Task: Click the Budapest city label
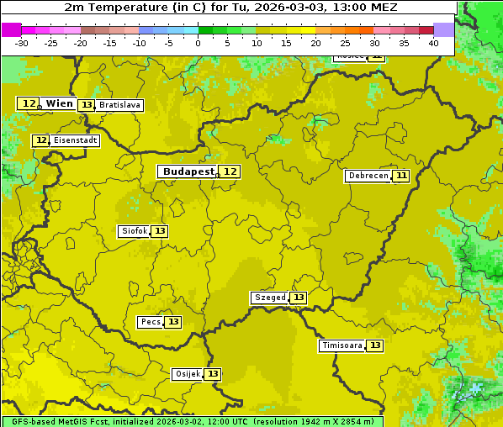click(x=188, y=171)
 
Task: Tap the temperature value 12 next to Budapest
click(x=230, y=171)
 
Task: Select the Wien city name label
click(x=60, y=103)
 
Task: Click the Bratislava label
click(x=119, y=105)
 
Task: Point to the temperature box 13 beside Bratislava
click(x=86, y=105)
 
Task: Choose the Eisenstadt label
click(x=76, y=140)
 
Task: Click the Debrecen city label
click(x=368, y=176)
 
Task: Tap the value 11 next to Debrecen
click(x=401, y=176)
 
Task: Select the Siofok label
click(x=134, y=231)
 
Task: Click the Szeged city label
click(x=269, y=298)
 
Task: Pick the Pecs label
click(x=151, y=322)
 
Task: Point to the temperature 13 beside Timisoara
click(x=375, y=345)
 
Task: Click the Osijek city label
click(x=187, y=374)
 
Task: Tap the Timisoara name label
click(x=342, y=345)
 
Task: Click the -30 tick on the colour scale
click(x=22, y=43)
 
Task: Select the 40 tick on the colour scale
click(x=433, y=43)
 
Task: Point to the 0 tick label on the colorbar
click(x=199, y=43)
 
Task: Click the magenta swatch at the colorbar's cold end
click(x=11, y=29)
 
